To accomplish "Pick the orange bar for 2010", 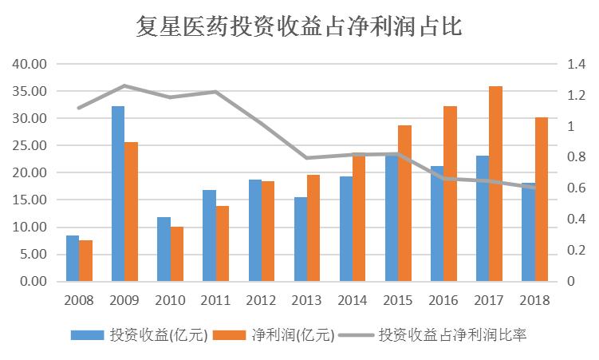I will (176, 254).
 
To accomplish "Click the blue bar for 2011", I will (209, 235).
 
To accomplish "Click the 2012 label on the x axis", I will (262, 302).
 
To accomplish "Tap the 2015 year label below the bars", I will (398, 302).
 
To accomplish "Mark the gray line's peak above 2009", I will (124, 85).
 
